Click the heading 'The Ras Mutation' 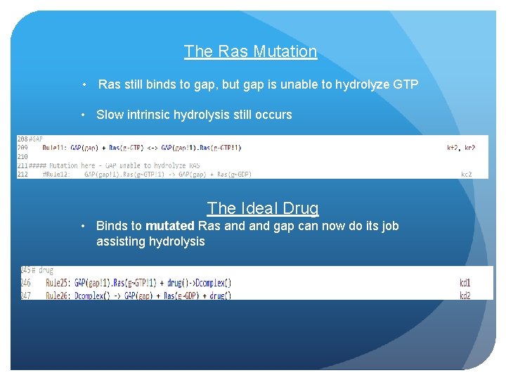[250, 51]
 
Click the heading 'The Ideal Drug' [262, 208]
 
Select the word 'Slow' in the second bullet [110, 114]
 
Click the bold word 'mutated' [170, 226]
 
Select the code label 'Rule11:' [55, 148]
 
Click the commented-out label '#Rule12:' [56, 174]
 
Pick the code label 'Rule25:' [58, 283]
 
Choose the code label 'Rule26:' [58, 296]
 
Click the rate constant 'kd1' [465, 283]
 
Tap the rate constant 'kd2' [465, 296]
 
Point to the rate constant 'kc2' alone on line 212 [467, 174]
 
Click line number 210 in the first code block [22, 156]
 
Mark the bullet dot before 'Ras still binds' [84, 85]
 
